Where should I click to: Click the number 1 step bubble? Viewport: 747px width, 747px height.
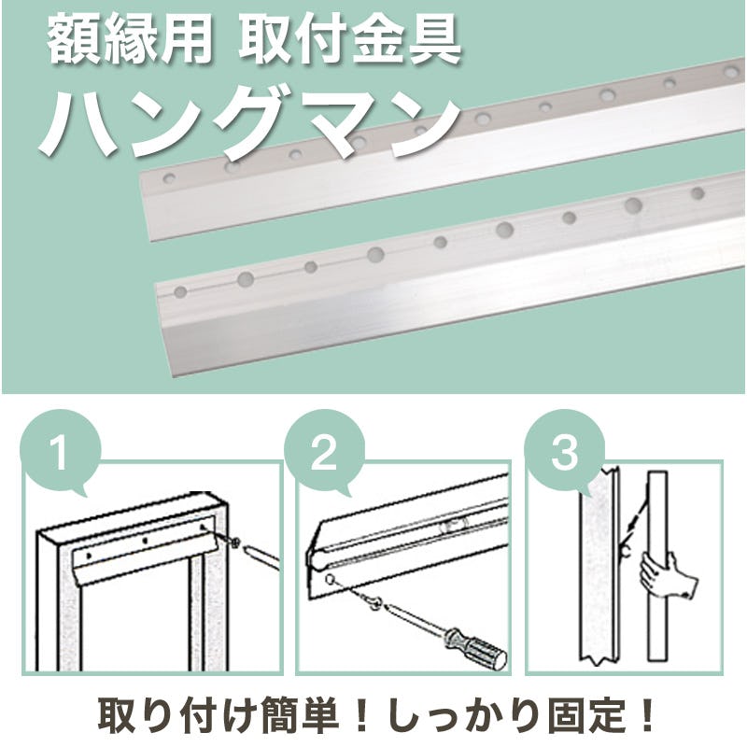pos(61,453)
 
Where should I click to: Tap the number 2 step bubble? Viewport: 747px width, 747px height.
pos(324,453)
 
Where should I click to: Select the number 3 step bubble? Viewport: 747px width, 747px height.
pos(565,453)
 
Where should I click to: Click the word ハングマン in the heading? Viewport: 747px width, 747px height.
pos(249,125)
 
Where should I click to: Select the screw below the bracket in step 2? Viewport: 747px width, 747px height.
pos(373,603)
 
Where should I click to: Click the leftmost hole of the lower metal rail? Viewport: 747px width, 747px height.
pos(180,291)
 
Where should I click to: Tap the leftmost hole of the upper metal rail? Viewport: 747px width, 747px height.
pos(169,178)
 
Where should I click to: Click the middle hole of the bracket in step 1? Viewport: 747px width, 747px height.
pos(145,542)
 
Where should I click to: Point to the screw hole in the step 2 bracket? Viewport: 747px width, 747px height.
pos(331,579)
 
